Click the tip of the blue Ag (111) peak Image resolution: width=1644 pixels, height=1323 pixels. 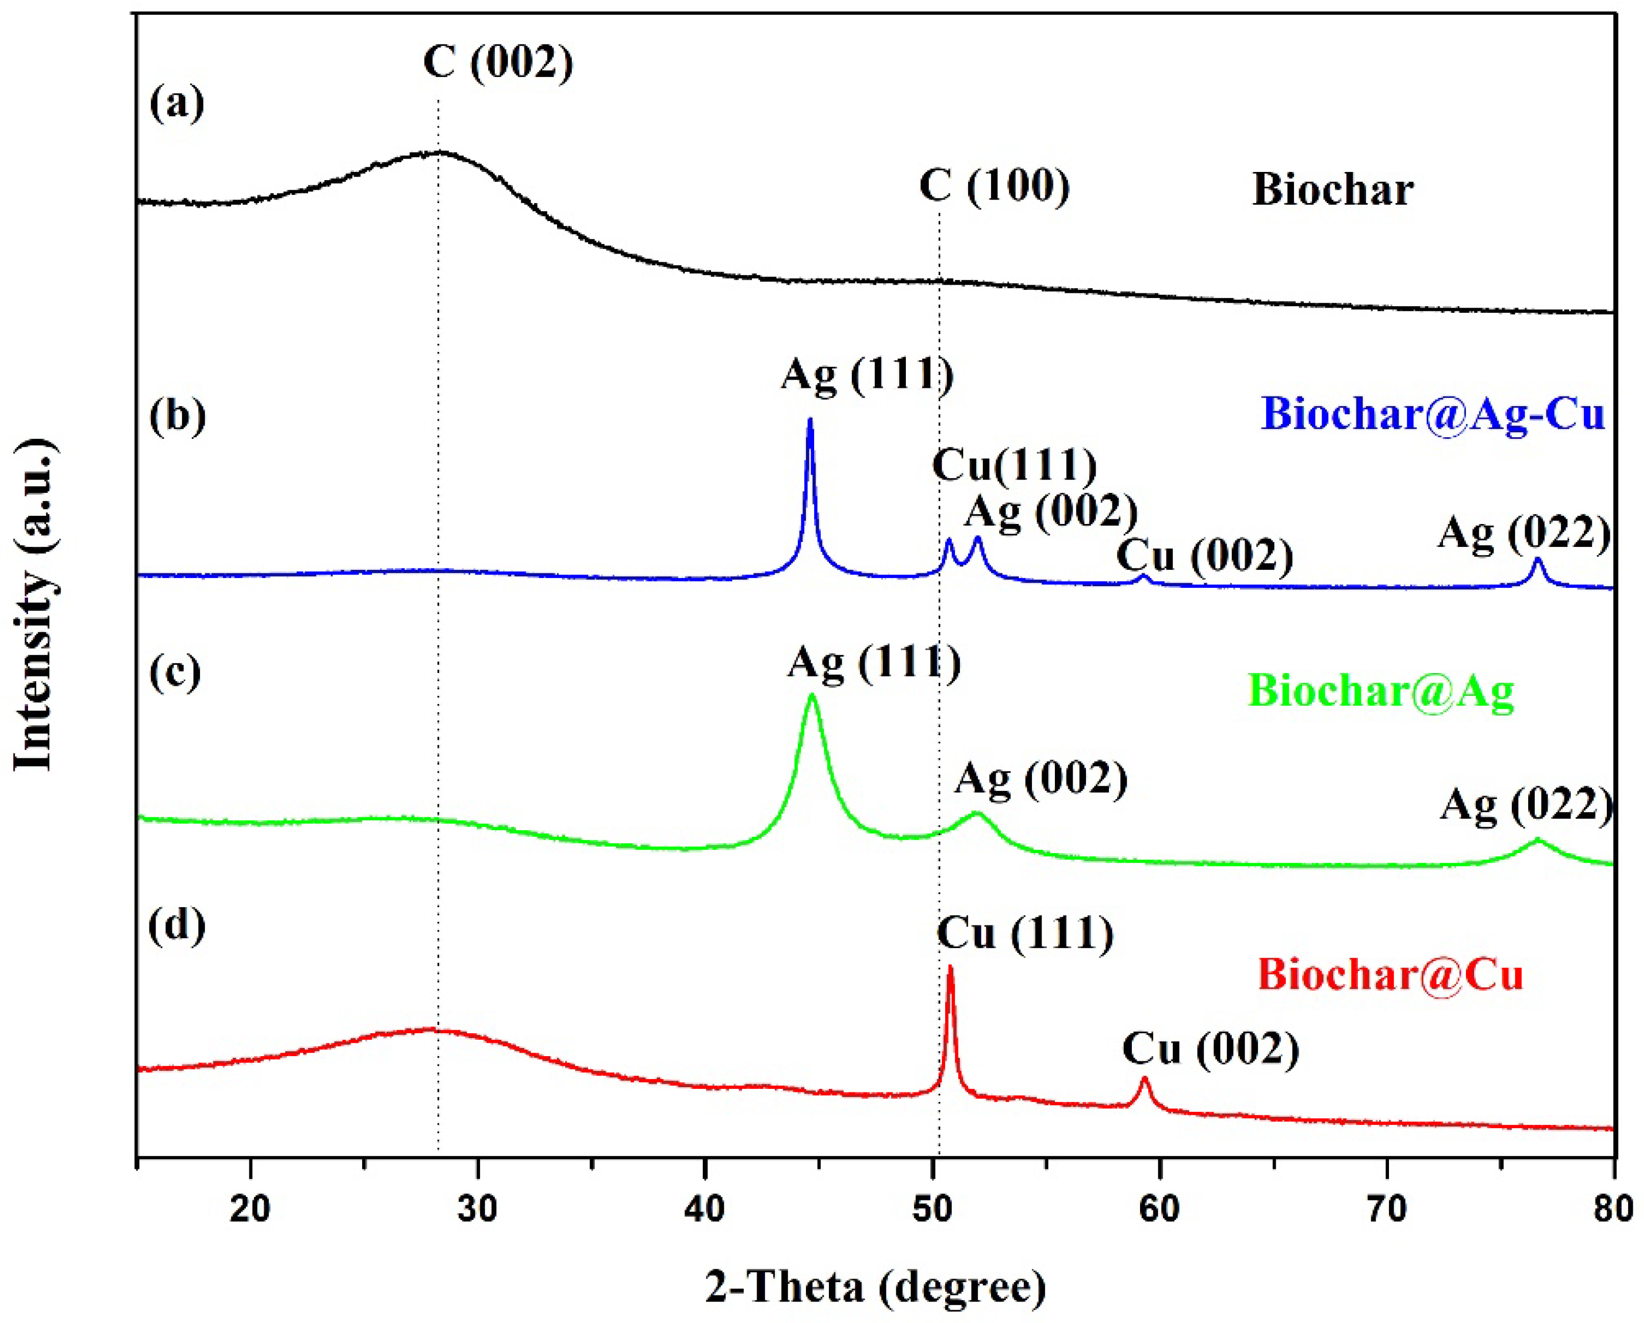click(810, 419)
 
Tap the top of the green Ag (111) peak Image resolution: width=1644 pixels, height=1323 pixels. click(812, 695)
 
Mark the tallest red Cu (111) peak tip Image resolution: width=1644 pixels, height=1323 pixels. click(950, 968)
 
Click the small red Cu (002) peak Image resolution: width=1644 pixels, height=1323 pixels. click(1144, 1080)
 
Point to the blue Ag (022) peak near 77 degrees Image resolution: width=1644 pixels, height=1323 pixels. click(1537, 560)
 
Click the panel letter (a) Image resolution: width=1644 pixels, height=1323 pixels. click(177, 103)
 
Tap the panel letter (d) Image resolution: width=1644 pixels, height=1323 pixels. click(177, 927)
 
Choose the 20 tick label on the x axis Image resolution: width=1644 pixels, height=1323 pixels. click(250, 1209)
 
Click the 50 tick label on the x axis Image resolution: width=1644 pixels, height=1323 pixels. click(932, 1209)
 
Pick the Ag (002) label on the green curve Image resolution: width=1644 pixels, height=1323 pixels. click(1041, 779)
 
